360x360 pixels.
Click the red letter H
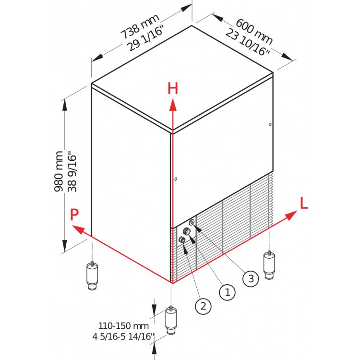pyautogui.click(x=173, y=89)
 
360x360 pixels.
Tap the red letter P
pyautogui.click(x=74, y=215)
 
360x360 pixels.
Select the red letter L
pyautogui.click(x=304, y=203)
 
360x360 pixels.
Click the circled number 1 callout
pyautogui.click(x=228, y=292)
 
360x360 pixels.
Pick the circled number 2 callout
pyautogui.click(x=203, y=306)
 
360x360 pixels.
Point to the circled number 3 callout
pyautogui.click(x=251, y=279)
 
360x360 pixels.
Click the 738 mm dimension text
pyautogui.click(x=140, y=26)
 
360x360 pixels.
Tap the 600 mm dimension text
pyautogui.click(x=254, y=32)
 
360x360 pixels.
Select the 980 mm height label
pyautogui.click(x=59, y=171)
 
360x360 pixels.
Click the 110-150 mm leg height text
pyautogui.click(x=123, y=325)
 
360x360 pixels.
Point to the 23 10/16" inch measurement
pyautogui.click(x=247, y=42)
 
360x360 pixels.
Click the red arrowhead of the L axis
pyautogui.click(x=291, y=216)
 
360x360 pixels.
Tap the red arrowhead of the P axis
pyautogui.click(x=78, y=230)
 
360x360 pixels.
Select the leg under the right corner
pyautogui.click(x=269, y=265)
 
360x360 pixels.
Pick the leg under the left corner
pyautogui.click(x=92, y=276)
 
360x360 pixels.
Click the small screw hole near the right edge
pyautogui.click(x=270, y=125)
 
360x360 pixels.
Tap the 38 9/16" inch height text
pyautogui.click(x=72, y=171)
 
